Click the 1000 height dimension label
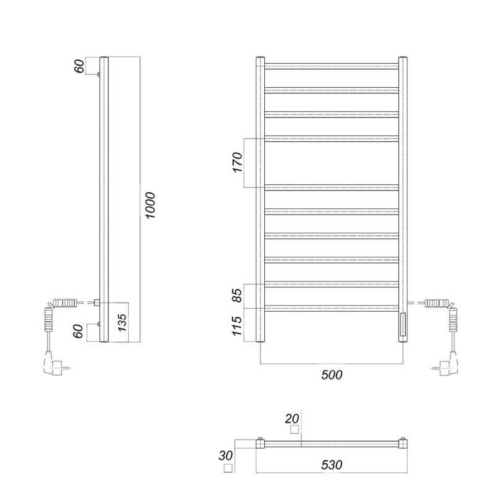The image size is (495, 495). coord(150,205)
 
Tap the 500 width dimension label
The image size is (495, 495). coord(332,375)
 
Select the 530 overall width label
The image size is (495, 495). coord(332,465)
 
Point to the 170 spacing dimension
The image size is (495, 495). coord(238,162)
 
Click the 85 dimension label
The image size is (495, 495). coord(238,295)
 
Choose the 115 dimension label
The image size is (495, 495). coord(237,325)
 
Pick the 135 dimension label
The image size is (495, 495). coord(122,322)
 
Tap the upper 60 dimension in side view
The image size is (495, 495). coord(79,66)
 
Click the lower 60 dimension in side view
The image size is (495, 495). coord(79,331)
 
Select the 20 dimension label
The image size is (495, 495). coord(292,419)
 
